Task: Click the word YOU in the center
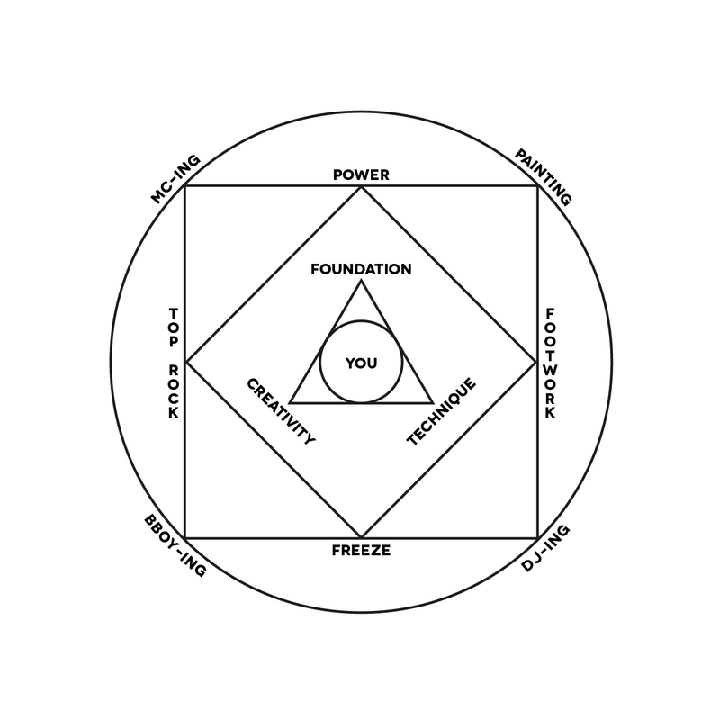coord(361,363)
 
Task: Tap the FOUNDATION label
coord(361,269)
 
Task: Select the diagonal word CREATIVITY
coord(281,411)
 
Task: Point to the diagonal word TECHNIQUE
coord(441,411)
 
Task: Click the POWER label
coord(361,175)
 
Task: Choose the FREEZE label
coord(361,550)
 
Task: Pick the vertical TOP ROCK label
coord(174,362)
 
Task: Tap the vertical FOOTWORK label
coord(549,362)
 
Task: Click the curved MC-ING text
coord(175,179)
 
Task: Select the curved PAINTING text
coord(544,178)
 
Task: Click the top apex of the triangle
coord(361,281)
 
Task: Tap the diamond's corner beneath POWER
coord(361,187)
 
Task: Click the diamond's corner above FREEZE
coord(361,537)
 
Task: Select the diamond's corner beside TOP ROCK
coord(185,362)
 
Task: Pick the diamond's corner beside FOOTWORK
coord(537,362)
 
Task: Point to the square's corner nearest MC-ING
coord(185,187)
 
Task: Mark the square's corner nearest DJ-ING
coord(537,537)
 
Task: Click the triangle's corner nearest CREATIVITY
coord(290,402)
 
